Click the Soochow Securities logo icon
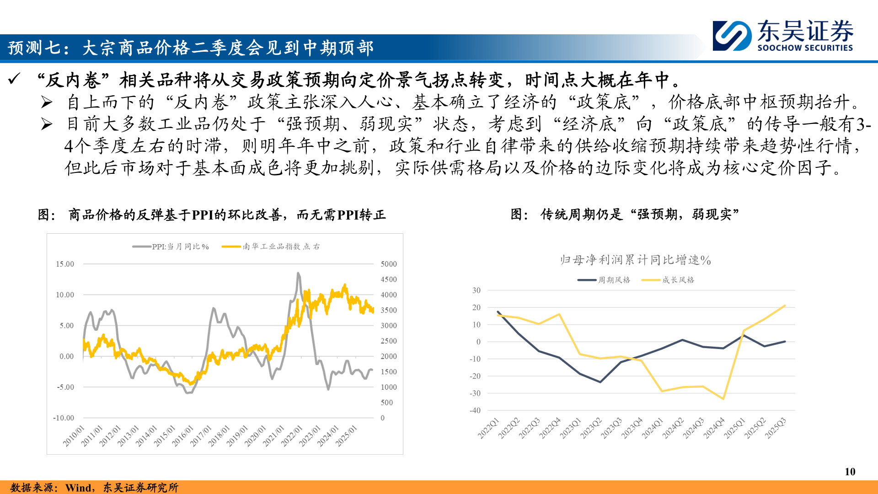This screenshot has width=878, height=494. pyautogui.click(x=732, y=35)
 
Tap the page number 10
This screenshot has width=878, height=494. pyautogui.click(x=850, y=472)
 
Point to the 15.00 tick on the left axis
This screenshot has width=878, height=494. pyautogui.click(x=64, y=264)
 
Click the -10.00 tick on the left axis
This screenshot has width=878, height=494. pyautogui.click(x=63, y=418)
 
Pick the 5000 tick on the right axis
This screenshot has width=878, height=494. pyautogui.click(x=389, y=264)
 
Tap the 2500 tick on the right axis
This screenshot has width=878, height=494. pyautogui.click(x=389, y=341)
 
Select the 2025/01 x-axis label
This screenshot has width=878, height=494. pyautogui.click(x=346, y=435)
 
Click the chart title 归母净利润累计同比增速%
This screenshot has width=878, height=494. pyautogui.click(x=635, y=260)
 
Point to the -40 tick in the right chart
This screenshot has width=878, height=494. pyautogui.click(x=475, y=410)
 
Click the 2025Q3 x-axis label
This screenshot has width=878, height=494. pyautogui.click(x=776, y=428)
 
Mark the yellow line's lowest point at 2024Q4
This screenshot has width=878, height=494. pyautogui.click(x=723, y=399)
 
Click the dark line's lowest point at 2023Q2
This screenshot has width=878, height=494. pyautogui.click(x=600, y=382)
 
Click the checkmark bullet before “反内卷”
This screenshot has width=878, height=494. pyautogui.click(x=14, y=79)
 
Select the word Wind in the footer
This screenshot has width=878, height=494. pyautogui.click(x=78, y=488)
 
